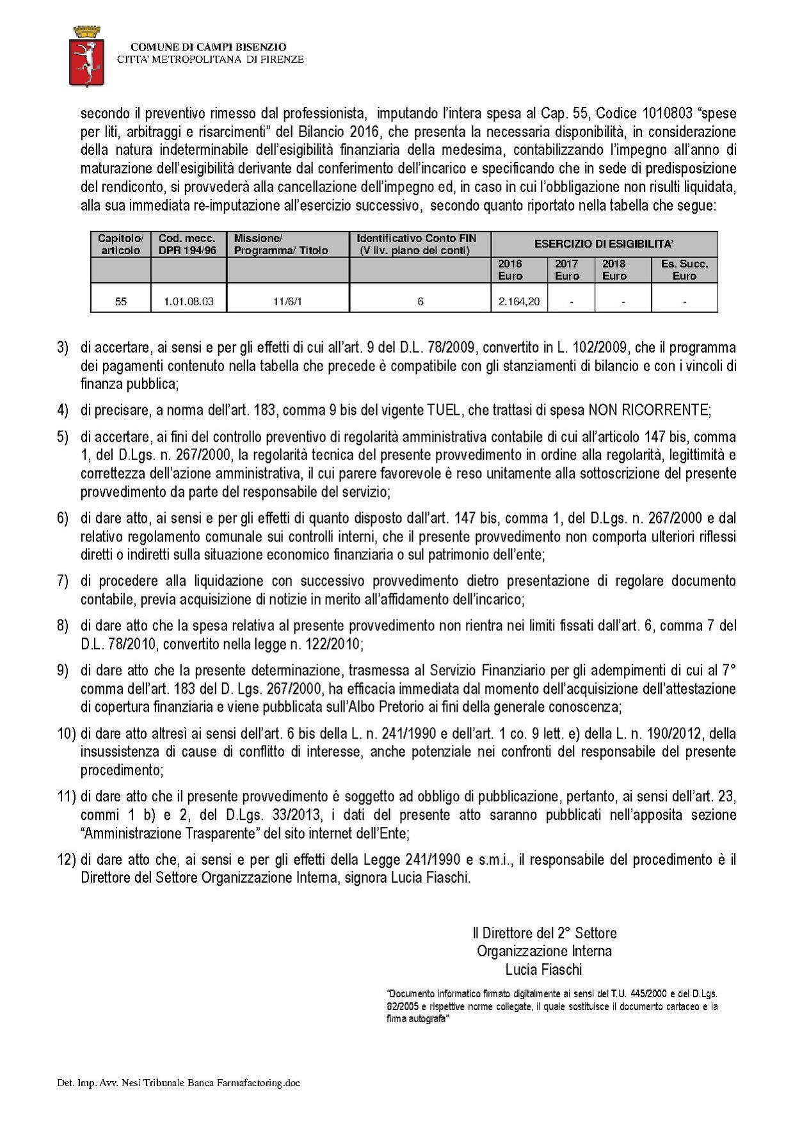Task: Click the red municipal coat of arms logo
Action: pos(86,58)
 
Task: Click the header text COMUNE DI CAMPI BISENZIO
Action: pos(208,47)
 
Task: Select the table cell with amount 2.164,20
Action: pos(518,301)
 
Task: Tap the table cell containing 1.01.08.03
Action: pos(189,301)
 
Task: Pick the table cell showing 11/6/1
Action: pos(287,301)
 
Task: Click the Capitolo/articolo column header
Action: pos(120,244)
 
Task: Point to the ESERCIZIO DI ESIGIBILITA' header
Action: pos(604,244)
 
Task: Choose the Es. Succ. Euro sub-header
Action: pos(684,269)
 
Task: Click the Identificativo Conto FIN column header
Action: pos(416,244)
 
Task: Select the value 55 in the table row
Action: pos(121,301)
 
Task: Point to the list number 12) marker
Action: pos(67,860)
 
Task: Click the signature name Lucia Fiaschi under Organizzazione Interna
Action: pos(543,969)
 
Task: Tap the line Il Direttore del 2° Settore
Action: pos(545,933)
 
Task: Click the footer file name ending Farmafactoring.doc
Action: pos(179,1083)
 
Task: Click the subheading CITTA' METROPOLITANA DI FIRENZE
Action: pos(210,60)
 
